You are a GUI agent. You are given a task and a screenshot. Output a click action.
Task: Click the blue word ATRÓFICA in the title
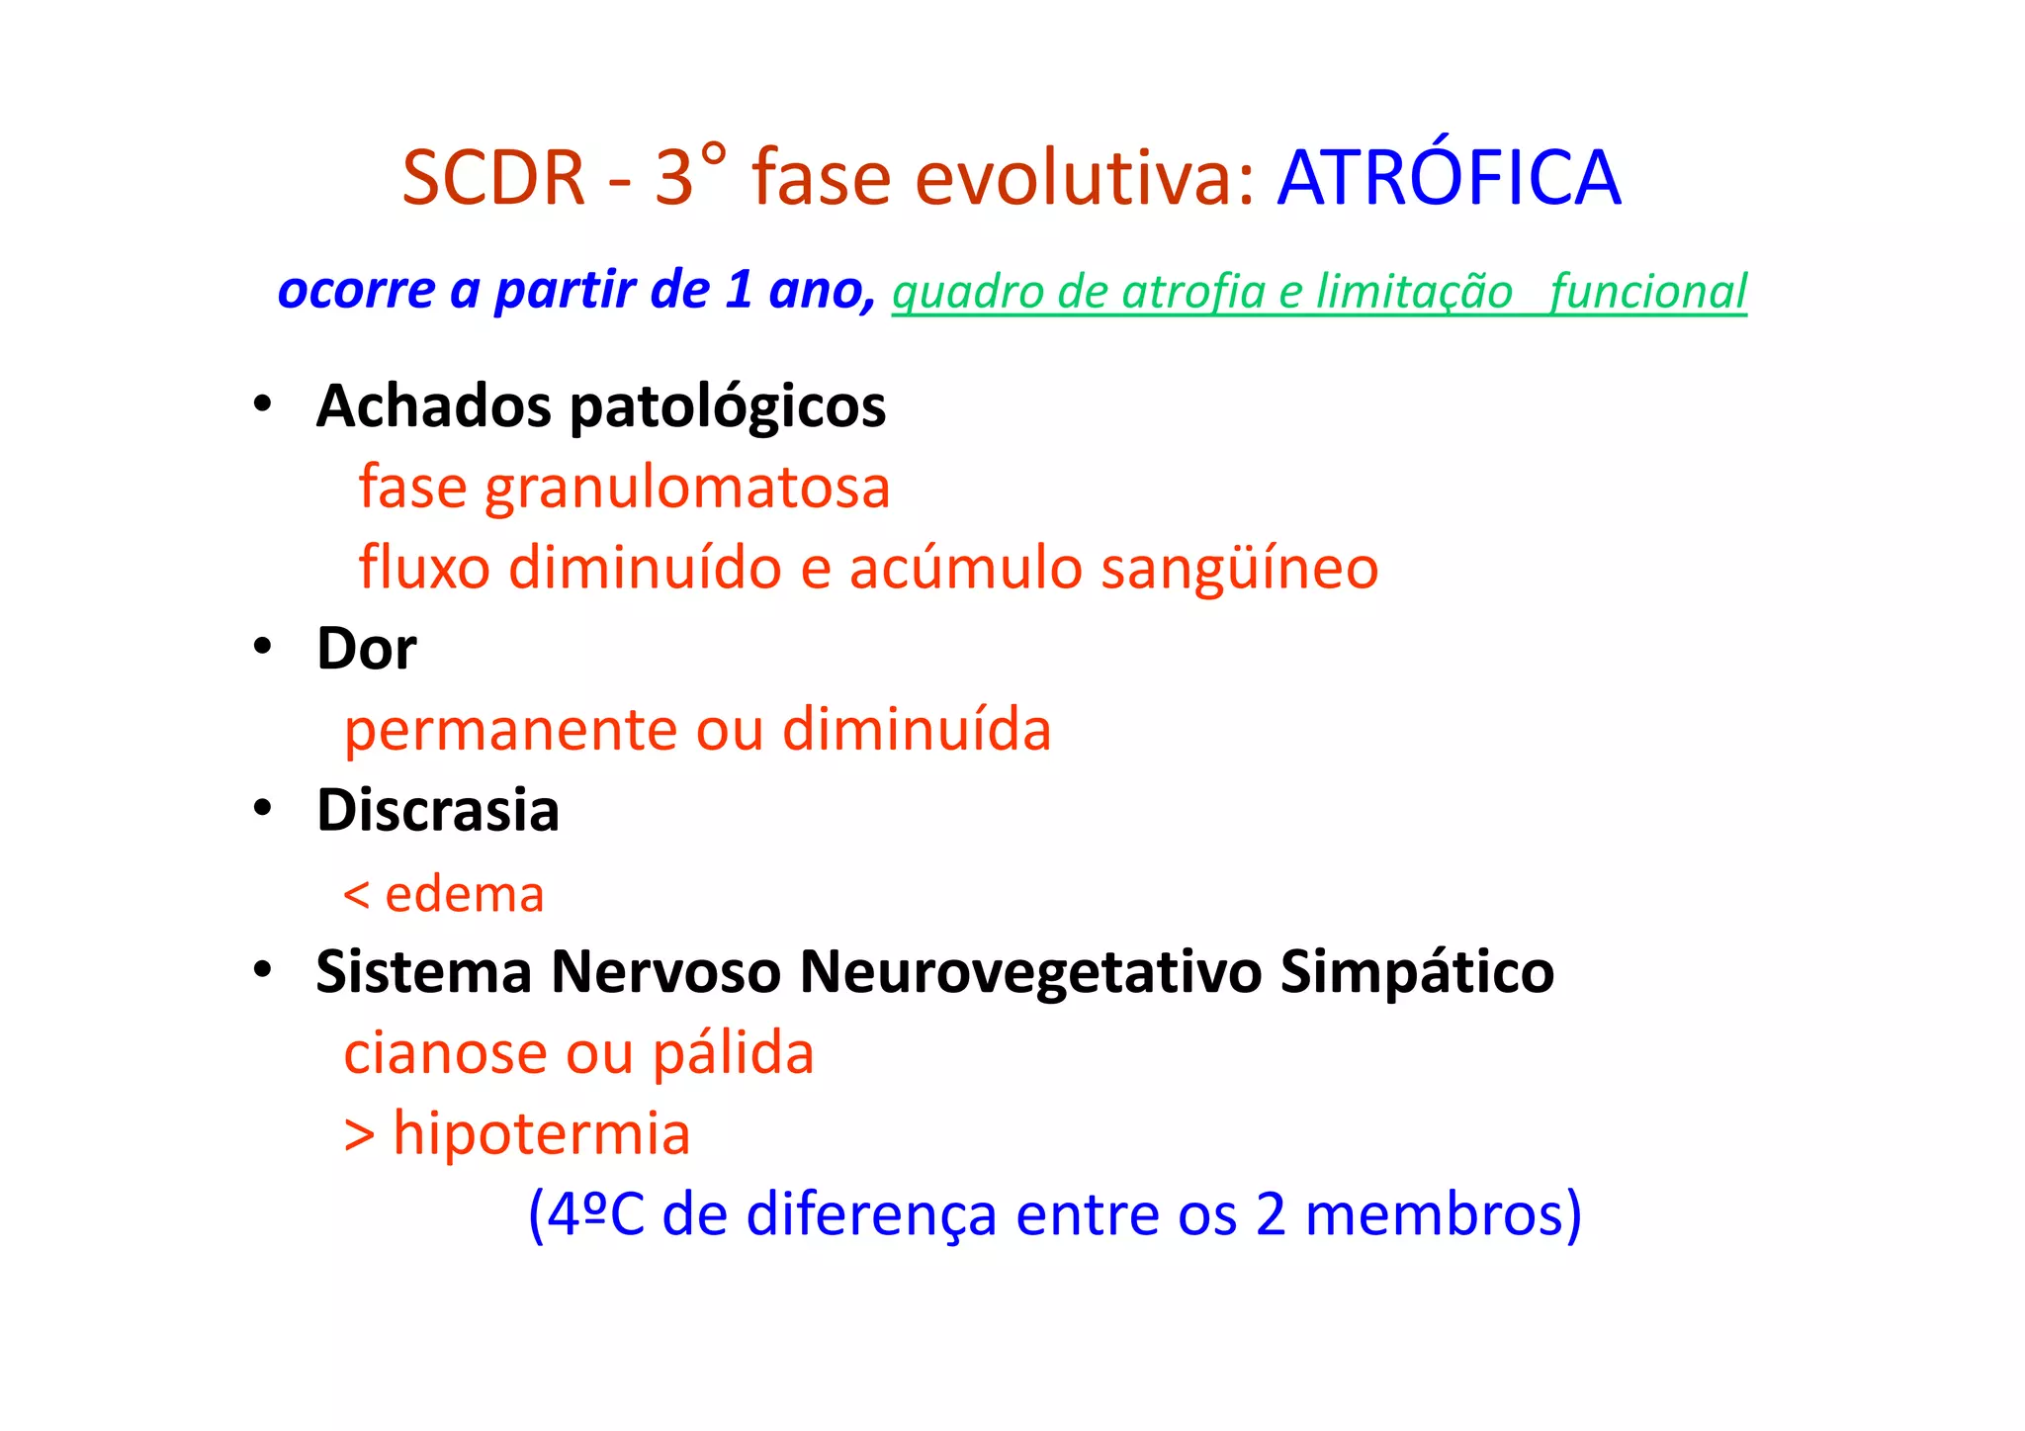(1449, 178)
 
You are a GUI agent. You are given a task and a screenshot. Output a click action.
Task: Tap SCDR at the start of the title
(493, 178)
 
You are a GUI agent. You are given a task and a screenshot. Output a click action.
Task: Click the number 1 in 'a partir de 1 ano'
(739, 290)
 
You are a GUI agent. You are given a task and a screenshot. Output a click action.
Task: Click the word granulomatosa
(687, 488)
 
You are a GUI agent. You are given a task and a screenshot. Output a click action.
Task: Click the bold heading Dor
(366, 650)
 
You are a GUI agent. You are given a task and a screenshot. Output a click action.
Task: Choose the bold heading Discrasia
(438, 811)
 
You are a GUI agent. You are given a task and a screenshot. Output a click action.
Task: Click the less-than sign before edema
(356, 895)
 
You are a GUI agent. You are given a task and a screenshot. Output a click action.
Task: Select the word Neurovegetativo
(1031, 972)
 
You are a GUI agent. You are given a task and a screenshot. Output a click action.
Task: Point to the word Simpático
(1417, 972)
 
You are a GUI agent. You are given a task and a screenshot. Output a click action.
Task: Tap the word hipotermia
(541, 1133)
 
